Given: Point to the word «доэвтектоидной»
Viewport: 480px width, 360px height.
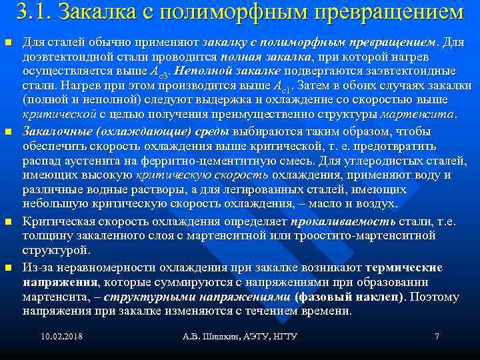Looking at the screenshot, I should coord(64,57).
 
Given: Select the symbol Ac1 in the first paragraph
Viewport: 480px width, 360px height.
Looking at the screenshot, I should coord(285,87).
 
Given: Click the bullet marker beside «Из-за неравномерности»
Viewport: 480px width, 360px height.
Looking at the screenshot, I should coord(9,267).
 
